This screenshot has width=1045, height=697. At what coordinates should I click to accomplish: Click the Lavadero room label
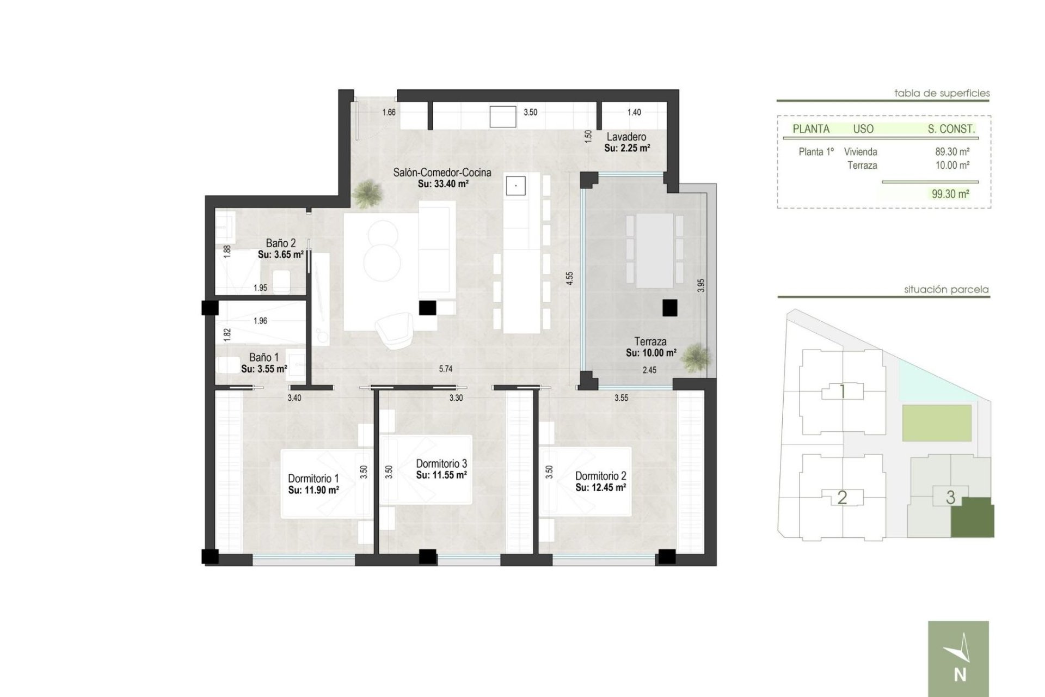click(626, 137)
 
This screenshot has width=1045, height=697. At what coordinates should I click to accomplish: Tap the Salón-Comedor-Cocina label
click(442, 173)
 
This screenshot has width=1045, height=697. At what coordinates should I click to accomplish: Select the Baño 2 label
click(281, 243)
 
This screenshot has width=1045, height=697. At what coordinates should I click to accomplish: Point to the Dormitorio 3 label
click(441, 464)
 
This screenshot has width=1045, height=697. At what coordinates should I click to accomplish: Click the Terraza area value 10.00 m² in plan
click(651, 353)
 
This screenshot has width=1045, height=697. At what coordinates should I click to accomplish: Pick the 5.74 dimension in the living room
click(445, 369)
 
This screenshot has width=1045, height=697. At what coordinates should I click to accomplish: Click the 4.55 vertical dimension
click(569, 279)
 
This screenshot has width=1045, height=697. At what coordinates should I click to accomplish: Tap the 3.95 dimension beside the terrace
click(701, 285)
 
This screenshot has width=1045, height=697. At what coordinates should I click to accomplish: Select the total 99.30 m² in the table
click(950, 194)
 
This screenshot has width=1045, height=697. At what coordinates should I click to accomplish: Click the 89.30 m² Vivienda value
click(952, 152)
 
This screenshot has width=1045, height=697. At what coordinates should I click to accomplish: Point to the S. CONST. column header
click(951, 129)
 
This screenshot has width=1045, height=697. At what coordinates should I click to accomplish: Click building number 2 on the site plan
click(842, 497)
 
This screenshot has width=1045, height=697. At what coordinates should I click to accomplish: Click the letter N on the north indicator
click(960, 675)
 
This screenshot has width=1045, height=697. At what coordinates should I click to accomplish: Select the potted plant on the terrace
click(696, 357)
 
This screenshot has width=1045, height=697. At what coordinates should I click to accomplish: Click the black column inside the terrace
click(669, 308)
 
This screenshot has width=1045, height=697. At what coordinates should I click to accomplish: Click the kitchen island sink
click(514, 185)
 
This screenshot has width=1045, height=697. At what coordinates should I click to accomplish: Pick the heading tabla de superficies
click(942, 93)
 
